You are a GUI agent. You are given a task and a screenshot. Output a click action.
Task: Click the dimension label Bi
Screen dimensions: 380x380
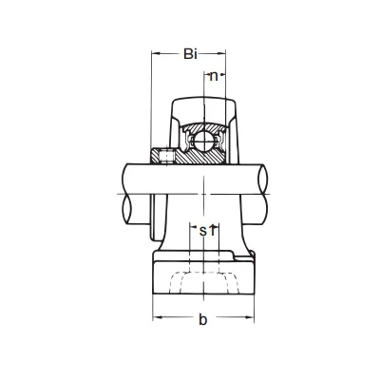pyautogui.click(x=190, y=54)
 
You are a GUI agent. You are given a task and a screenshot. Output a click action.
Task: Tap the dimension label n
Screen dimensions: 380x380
pyautogui.click(x=214, y=76)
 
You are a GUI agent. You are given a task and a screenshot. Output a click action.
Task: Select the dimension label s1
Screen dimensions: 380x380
pyautogui.click(x=207, y=231)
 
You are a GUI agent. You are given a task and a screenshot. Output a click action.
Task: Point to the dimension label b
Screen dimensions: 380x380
pyautogui.click(x=202, y=319)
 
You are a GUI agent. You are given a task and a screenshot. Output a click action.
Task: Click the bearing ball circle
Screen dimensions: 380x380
pyautogui.click(x=203, y=141)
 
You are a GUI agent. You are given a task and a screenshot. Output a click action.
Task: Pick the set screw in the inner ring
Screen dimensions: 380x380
pyautogui.click(x=166, y=156)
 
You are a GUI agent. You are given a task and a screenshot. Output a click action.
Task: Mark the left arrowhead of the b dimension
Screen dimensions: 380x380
pyautogui.click(x=158, y=316)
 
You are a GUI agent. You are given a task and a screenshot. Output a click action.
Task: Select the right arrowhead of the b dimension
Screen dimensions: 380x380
pyautogui.click(x=249, y=316)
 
